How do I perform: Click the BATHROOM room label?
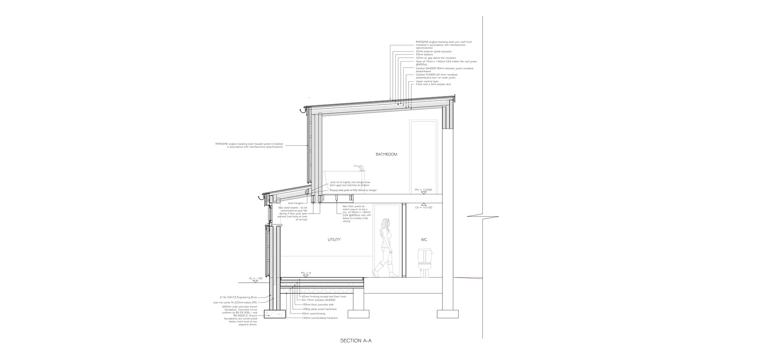pos(386,154)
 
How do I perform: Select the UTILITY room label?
pos(334,240)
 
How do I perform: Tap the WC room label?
pos(424,240)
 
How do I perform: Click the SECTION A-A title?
pos(353,341)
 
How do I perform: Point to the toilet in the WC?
pos(424,262)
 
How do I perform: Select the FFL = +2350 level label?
pos(423,190)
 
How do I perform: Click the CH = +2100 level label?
pos(423,208)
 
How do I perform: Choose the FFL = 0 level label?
pos(306,273)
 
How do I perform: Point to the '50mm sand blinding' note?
pos(314,314)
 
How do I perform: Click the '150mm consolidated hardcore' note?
pos(320,318)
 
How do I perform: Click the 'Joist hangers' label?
pos(296,203)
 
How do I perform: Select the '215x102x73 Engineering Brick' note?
pos(238,297)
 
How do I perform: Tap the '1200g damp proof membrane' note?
pos(319,309)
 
